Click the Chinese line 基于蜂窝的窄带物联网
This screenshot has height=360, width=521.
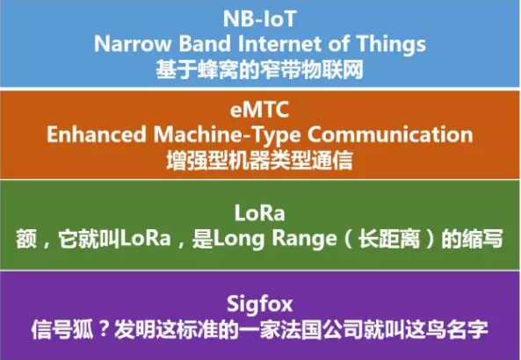[260, 66]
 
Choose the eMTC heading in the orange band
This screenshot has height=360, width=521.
[260, 112]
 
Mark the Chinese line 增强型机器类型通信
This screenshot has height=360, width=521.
[260, 159]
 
